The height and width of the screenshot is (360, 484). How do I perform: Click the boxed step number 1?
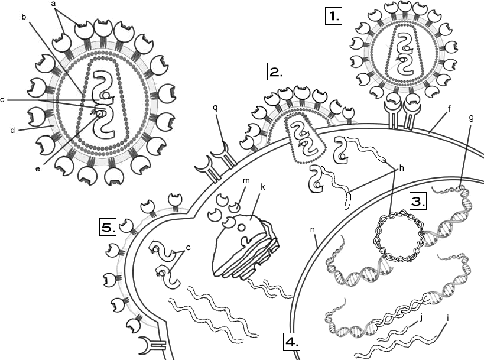point(334,16)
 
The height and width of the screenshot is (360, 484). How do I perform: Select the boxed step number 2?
point(275,72)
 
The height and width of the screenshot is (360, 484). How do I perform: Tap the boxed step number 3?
point(418,202)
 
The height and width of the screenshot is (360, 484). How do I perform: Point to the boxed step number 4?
point(292,342)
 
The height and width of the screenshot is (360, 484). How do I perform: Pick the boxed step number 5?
point(108,228)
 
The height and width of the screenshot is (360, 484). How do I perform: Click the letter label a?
point(54,4)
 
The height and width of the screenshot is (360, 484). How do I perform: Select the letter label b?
point(24,17)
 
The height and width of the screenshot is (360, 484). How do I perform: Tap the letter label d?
point(12,130)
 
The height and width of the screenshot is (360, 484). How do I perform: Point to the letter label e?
point(38,169)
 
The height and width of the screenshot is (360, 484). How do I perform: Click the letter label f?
point(449,108)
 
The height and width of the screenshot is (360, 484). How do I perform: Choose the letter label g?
point(471,118)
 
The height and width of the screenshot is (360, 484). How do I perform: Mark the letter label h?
point(402,168)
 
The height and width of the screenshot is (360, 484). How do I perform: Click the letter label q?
point(215,108)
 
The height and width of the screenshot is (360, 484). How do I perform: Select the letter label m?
point(246,181)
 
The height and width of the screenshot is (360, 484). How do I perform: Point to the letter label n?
point(313,230)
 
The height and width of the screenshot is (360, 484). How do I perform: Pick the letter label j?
point(421,318)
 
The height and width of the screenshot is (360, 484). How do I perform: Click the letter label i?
point(447,317)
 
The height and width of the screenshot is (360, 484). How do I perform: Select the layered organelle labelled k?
point(245,247)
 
